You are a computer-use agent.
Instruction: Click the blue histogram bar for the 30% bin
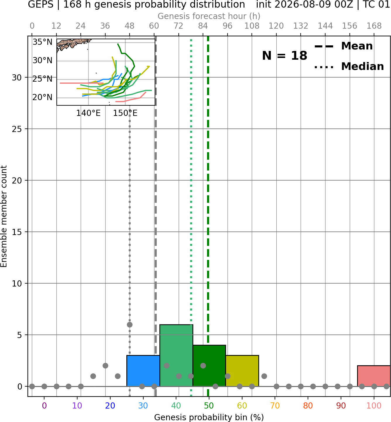pyautogui.click(x=143, y=371)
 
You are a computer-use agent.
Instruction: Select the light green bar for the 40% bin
pyautogui.click(x=176, y=356)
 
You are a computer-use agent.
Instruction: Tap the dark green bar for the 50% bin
pyautogui.click(x=209, y=366)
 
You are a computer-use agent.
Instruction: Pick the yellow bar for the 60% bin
pyautogui.click(x=242, y=371)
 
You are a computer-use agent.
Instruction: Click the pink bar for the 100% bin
pyautogui.click(x=374, y=376)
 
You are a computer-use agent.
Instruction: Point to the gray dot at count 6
pyautogui.click(x=130, y=325)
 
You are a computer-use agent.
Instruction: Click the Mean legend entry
pyautogui.click(x=343, y=46)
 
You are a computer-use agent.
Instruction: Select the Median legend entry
pyautogui.click(x=349, y=67)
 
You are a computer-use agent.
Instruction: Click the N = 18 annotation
pyautogui.click(x=285, y=56)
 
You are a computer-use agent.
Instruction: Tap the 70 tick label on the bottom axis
pyautogui.click(x=275, y=406)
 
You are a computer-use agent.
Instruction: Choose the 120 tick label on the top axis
pyautogui.click(x=276, y=26)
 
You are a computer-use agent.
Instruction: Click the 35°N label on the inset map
pyautogui.click(x=42, y=42)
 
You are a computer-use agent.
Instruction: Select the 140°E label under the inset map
pyautogui.click(x=88, y=113)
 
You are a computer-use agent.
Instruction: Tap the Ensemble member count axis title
pyautogui.click(x=4, y=216)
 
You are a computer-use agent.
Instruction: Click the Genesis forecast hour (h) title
pyautogui.click(x=209, y=16)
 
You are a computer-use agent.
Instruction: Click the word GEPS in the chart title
pyautogui.click(x=41, y=5)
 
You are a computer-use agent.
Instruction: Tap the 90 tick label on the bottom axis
pyautogui.click(x=341, y=406)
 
